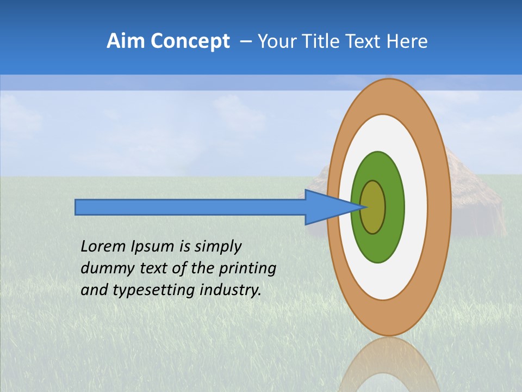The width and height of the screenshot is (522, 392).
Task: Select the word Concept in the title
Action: point(190,41)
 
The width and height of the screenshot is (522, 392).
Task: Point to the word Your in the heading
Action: point(274,41)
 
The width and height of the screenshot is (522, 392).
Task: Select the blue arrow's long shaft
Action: point(190,207)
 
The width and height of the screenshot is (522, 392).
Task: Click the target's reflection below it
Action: point(389,365)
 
